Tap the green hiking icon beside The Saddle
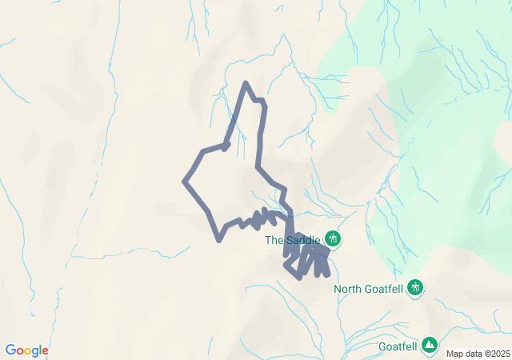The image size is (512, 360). click(333, 238)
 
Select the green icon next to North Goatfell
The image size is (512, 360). click(415, 287)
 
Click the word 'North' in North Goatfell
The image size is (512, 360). click(347, 289)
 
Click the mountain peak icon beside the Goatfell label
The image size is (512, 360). click(430, 345)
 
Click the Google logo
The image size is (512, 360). click(26, 350)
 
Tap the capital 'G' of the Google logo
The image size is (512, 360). click(10, 350)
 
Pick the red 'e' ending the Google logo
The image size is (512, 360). click(45, 351)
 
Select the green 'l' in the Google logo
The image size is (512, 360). click(39, 350)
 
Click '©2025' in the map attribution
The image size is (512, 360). click(498, 354)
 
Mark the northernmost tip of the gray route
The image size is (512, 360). click(246, 83)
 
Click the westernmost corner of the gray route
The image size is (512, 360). click(185, 182)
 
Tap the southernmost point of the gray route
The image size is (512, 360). click(299, 277)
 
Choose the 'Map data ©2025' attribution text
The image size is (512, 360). click(478, 354)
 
